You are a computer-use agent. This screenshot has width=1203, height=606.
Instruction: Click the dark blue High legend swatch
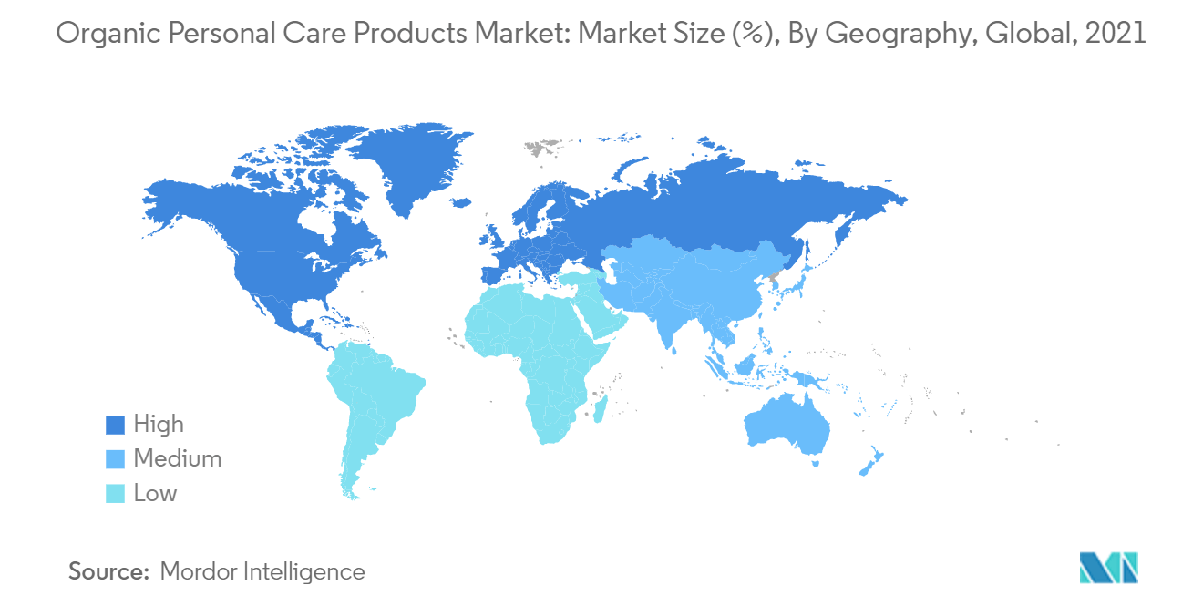tap(115, 425)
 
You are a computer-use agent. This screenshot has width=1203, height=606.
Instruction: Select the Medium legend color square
tap(115, 459)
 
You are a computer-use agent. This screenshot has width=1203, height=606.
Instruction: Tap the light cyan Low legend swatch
tap(115, 494)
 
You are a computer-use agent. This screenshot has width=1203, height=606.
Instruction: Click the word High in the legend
tap(159, 425)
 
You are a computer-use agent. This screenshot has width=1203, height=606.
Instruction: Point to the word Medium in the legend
tap(177, 459)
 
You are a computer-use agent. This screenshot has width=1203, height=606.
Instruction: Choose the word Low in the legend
tap(155, 494)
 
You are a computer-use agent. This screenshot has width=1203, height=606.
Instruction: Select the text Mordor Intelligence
tap(262, 572)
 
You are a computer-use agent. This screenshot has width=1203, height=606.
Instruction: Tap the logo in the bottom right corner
tap(1108, 567)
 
